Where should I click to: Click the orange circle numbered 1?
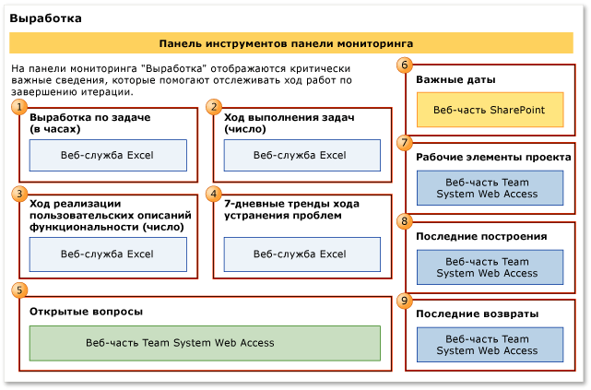18,108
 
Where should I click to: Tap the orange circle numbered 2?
214,108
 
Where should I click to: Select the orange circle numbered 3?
18,194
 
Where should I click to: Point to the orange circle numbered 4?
214,194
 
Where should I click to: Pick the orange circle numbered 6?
405,65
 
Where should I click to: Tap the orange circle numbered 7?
405,143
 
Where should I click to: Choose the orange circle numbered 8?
405,221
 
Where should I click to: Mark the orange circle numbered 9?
405,301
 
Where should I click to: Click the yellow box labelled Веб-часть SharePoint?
489,110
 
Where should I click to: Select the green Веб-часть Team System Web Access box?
205,343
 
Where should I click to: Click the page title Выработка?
44,18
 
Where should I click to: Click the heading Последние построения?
481,236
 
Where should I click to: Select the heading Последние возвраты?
477,314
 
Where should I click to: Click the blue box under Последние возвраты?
489,344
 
